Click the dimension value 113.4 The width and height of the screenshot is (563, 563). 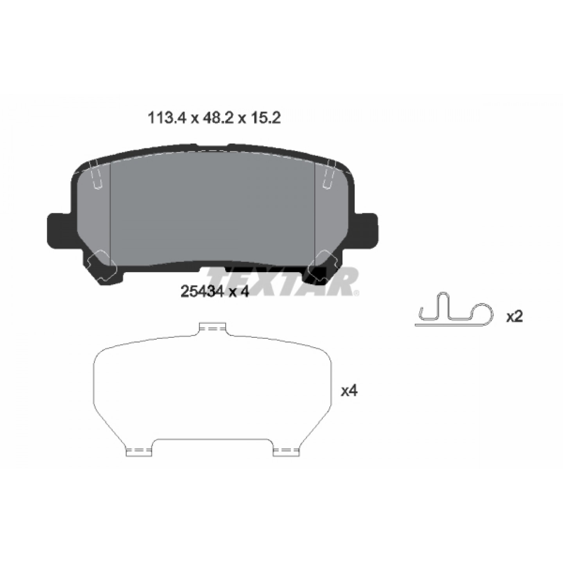pos(167,118)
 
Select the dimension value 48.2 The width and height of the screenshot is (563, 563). pos(215,118)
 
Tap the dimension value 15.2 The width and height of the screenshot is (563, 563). pos(264,118)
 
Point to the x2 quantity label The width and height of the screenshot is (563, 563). pos(515,316)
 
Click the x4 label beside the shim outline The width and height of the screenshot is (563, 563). pos(349,391)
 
